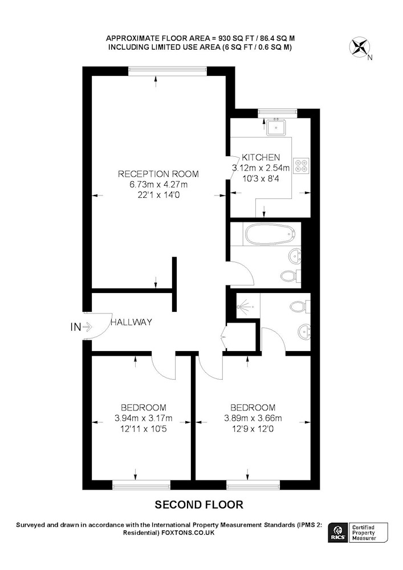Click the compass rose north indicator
(359, 48)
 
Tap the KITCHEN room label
(261, 157)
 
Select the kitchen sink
(276, 127)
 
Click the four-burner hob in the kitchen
(302, 166)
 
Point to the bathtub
(269, 234)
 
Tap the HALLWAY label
(131, 322)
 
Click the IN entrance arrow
(87, 327)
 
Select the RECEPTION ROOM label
(158, 174)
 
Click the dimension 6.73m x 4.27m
(158, 184)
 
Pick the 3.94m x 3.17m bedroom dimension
(144, 418)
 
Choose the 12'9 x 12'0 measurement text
(253, 429)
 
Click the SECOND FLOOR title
(199, 504)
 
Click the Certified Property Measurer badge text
(364, 533)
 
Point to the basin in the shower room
(304, 332)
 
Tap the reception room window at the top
(168, 71)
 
